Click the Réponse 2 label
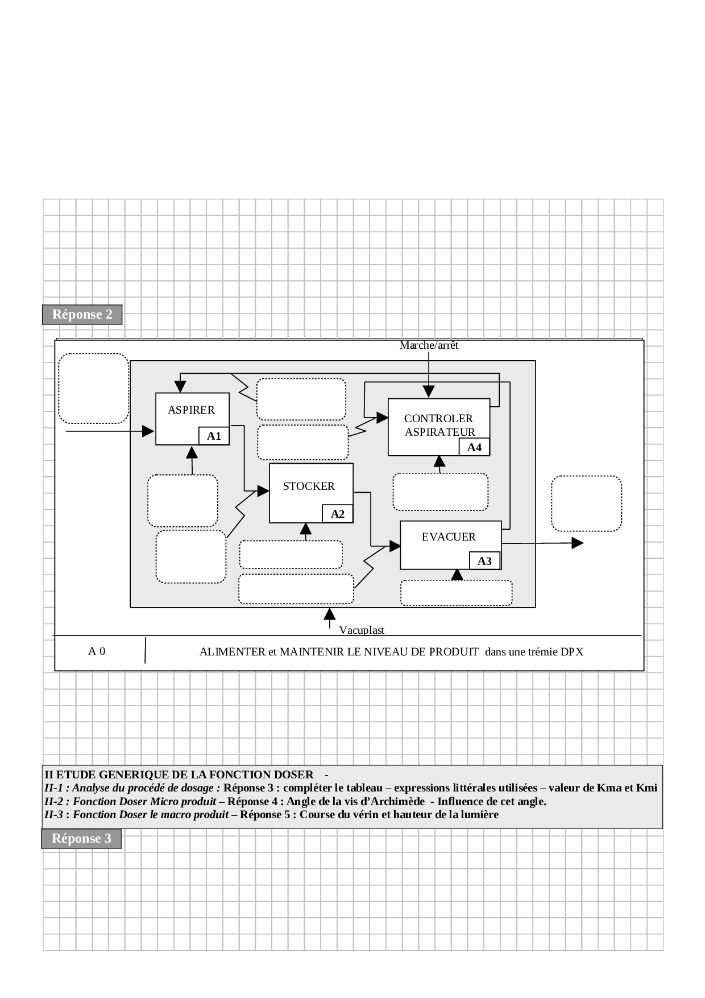(x=82, y=315)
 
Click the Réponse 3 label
(x=81, y=839)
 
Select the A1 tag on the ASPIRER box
(x=214, y=436)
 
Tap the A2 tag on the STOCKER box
(x=338, y=514)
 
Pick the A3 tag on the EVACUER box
(x=484, y=562)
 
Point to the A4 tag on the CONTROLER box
(x=474, y=448)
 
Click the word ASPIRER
(x=191, y=410)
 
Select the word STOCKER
(x=309, y=486)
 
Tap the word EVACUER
(x=449, y=537)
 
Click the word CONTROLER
(x=438, y=419)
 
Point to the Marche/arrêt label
(x=429, y=345)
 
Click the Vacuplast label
(x=362, y=630)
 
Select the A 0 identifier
(x=97, y=651)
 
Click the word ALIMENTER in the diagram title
(x=232, y=652)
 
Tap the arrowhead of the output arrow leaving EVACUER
(x=577, y=543)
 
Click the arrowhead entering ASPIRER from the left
(x=148, y=431)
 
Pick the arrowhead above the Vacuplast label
(x=329, y=615)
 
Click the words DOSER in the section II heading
(x=295, y=775)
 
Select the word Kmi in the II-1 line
(x=646, y=788)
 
